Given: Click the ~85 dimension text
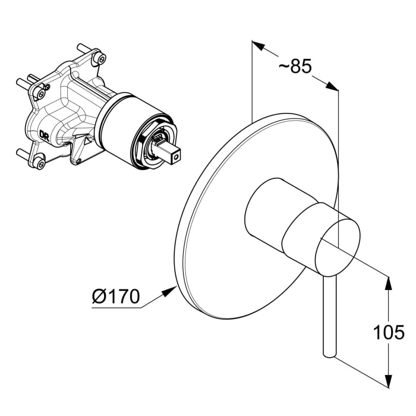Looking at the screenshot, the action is click(x=295, y=66).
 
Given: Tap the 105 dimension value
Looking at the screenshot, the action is click(x=389, y=332).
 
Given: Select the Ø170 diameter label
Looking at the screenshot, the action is click(x=116, y=296).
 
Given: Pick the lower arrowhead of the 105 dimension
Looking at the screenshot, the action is click(x=389, y=381).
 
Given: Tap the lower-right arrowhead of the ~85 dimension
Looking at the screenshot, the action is click(x=332, y=86).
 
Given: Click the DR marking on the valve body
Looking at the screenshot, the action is click(x=44, y=134).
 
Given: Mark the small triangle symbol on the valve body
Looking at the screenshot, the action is click(x=87, y=141).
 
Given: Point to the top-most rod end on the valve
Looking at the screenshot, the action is click(x=80, y=47).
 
